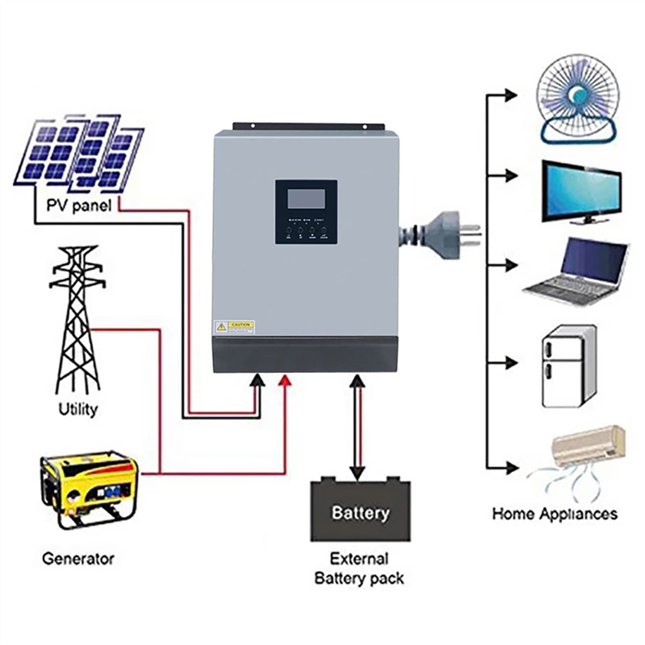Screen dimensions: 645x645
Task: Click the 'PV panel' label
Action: tap(79, 205)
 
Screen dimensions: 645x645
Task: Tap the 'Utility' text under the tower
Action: tap(78, 409)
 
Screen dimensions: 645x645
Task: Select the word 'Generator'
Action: tap(78, 558)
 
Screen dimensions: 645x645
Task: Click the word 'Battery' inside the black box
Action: tap(360, 513)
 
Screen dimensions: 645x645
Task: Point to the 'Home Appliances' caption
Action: tap(555, 514)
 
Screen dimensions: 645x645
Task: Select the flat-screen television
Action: tap(581, 191)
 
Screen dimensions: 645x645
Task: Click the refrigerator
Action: tap(568, 366)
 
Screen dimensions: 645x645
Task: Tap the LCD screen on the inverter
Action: tap(306, 199)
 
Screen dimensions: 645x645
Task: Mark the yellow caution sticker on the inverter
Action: tap(234, 327)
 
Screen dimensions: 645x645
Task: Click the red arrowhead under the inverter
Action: tap(285, 380)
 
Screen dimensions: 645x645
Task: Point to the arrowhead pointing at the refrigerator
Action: tap(511, 363)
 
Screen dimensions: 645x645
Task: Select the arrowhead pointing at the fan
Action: tap(511, 95)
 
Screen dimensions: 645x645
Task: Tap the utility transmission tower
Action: tap(77, 318)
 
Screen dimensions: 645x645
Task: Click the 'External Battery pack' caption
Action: tap(359, 568)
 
